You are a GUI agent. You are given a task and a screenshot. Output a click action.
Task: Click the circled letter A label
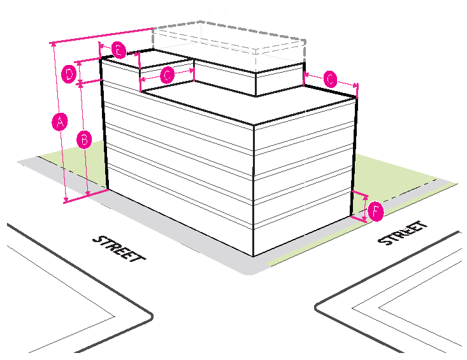(x=59, y=122)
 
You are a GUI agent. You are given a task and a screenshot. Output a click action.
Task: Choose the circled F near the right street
(x=376, y=212)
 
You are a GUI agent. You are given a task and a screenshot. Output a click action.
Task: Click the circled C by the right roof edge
(x=330, y=80)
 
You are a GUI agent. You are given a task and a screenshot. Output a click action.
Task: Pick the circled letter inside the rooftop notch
(x=167, y=75)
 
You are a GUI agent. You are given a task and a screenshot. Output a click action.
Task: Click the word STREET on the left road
(x=119, y=248)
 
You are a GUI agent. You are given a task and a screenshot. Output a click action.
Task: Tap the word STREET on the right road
(x=402, y=233)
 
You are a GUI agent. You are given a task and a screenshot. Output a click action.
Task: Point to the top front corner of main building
(x=254, y=125)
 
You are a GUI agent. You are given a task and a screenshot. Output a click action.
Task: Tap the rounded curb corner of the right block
(x=319, y=308)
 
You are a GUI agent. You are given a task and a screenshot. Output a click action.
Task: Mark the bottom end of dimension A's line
(x=66, y=201)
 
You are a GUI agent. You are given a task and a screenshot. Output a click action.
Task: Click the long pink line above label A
(x=102, y=36)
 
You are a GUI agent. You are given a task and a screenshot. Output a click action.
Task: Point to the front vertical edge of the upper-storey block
(x=255, y=85)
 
